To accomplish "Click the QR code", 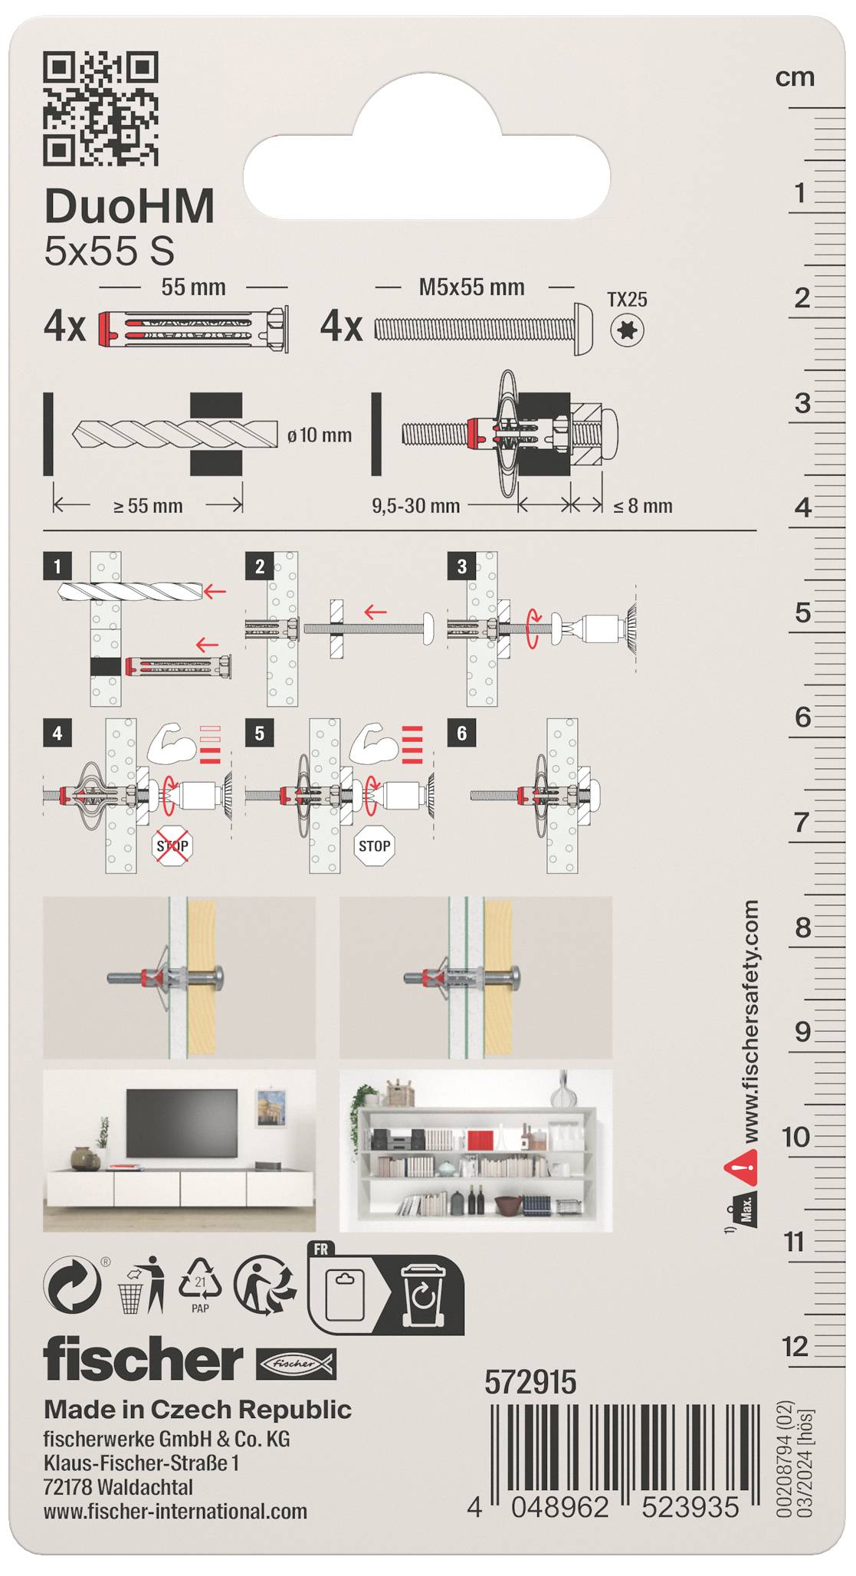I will [100, 108].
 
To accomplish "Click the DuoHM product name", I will [130, 206].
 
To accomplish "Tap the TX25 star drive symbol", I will [628, 330].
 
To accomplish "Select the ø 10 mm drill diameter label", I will [320, 435].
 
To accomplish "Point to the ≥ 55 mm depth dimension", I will [148, 506].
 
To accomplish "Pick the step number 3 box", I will [461, 566].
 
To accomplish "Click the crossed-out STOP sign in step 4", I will [172, 846].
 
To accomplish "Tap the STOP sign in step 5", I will [374, 846].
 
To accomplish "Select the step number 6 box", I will [461, 734].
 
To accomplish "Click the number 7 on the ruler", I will [802, 822].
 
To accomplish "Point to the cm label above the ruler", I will [795, 77].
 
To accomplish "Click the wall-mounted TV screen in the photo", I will [182, 1122].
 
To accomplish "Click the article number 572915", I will [530, 1382].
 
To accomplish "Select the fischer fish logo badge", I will [296, 1364].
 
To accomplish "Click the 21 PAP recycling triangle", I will [200, 1285].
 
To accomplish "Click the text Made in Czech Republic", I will [198, 1409].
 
